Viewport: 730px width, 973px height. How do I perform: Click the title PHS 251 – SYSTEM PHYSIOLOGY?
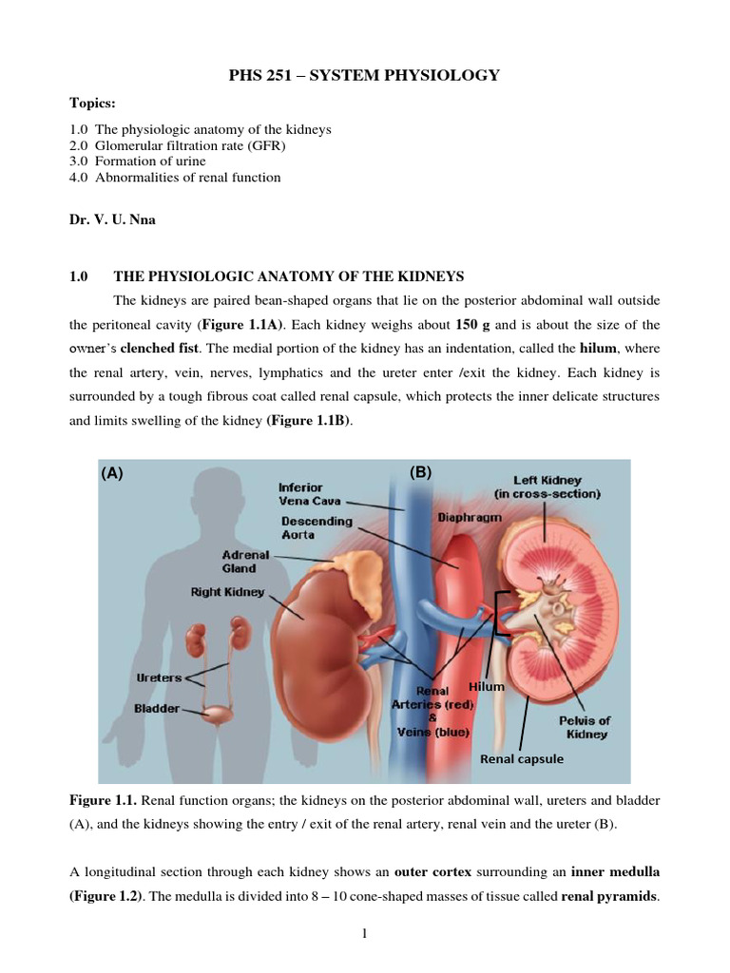coord(364,76)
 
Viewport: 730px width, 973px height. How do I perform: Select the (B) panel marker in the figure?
coord(420,472)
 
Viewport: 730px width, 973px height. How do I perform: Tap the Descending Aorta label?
coord(316,527)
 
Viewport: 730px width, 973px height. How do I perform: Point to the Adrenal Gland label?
coord(246,562)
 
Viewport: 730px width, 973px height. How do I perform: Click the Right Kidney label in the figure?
coord(227,593)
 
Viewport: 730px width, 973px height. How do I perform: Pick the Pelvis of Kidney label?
coord(584,727)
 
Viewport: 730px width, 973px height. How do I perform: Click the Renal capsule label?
coord(521,758)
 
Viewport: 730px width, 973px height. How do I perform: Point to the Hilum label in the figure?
coord(486,686)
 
